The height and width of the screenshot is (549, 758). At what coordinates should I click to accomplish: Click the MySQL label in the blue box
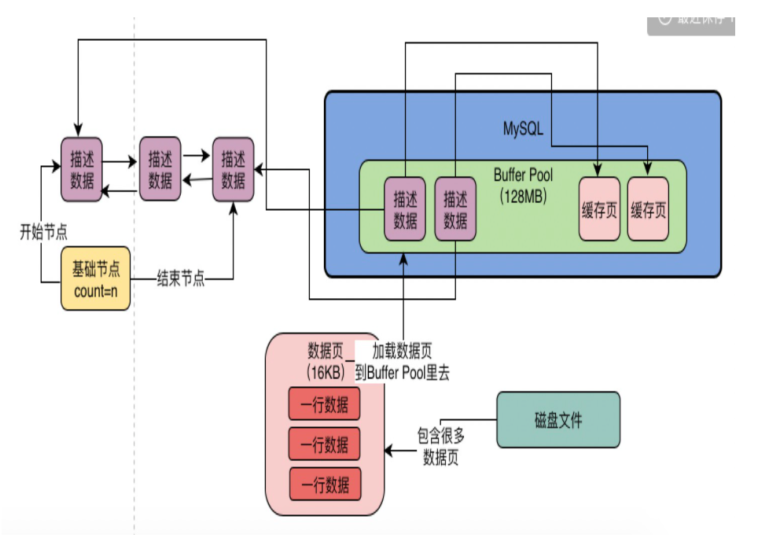click(523, 128)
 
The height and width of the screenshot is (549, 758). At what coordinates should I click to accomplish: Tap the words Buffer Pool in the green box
click(523, 175)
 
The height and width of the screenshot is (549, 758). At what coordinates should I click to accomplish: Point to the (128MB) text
click(523, 196)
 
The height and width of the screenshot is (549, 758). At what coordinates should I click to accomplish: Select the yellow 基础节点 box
click(96, 278)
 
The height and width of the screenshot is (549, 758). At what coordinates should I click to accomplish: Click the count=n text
click(96, 289)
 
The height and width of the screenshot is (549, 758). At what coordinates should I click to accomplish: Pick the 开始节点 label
click(43, 233)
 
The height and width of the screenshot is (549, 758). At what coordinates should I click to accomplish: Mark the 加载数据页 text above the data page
click(402, 351)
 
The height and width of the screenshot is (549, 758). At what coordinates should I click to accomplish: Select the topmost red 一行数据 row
click(324, 405)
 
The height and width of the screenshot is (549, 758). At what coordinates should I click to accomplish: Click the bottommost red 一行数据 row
click(324, 483)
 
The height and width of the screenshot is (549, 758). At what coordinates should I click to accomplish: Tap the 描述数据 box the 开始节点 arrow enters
click(82, 168)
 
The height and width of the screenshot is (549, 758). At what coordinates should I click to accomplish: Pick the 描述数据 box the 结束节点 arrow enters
click(234, 170)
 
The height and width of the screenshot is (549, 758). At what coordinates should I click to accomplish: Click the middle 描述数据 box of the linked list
click(160, 170)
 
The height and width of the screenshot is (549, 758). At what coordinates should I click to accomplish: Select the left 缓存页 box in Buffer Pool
click(599, 209)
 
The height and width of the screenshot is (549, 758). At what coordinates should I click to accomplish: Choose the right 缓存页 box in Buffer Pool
click(648, 209)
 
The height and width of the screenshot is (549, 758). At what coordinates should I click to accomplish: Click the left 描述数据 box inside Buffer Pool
click(406, 209)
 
